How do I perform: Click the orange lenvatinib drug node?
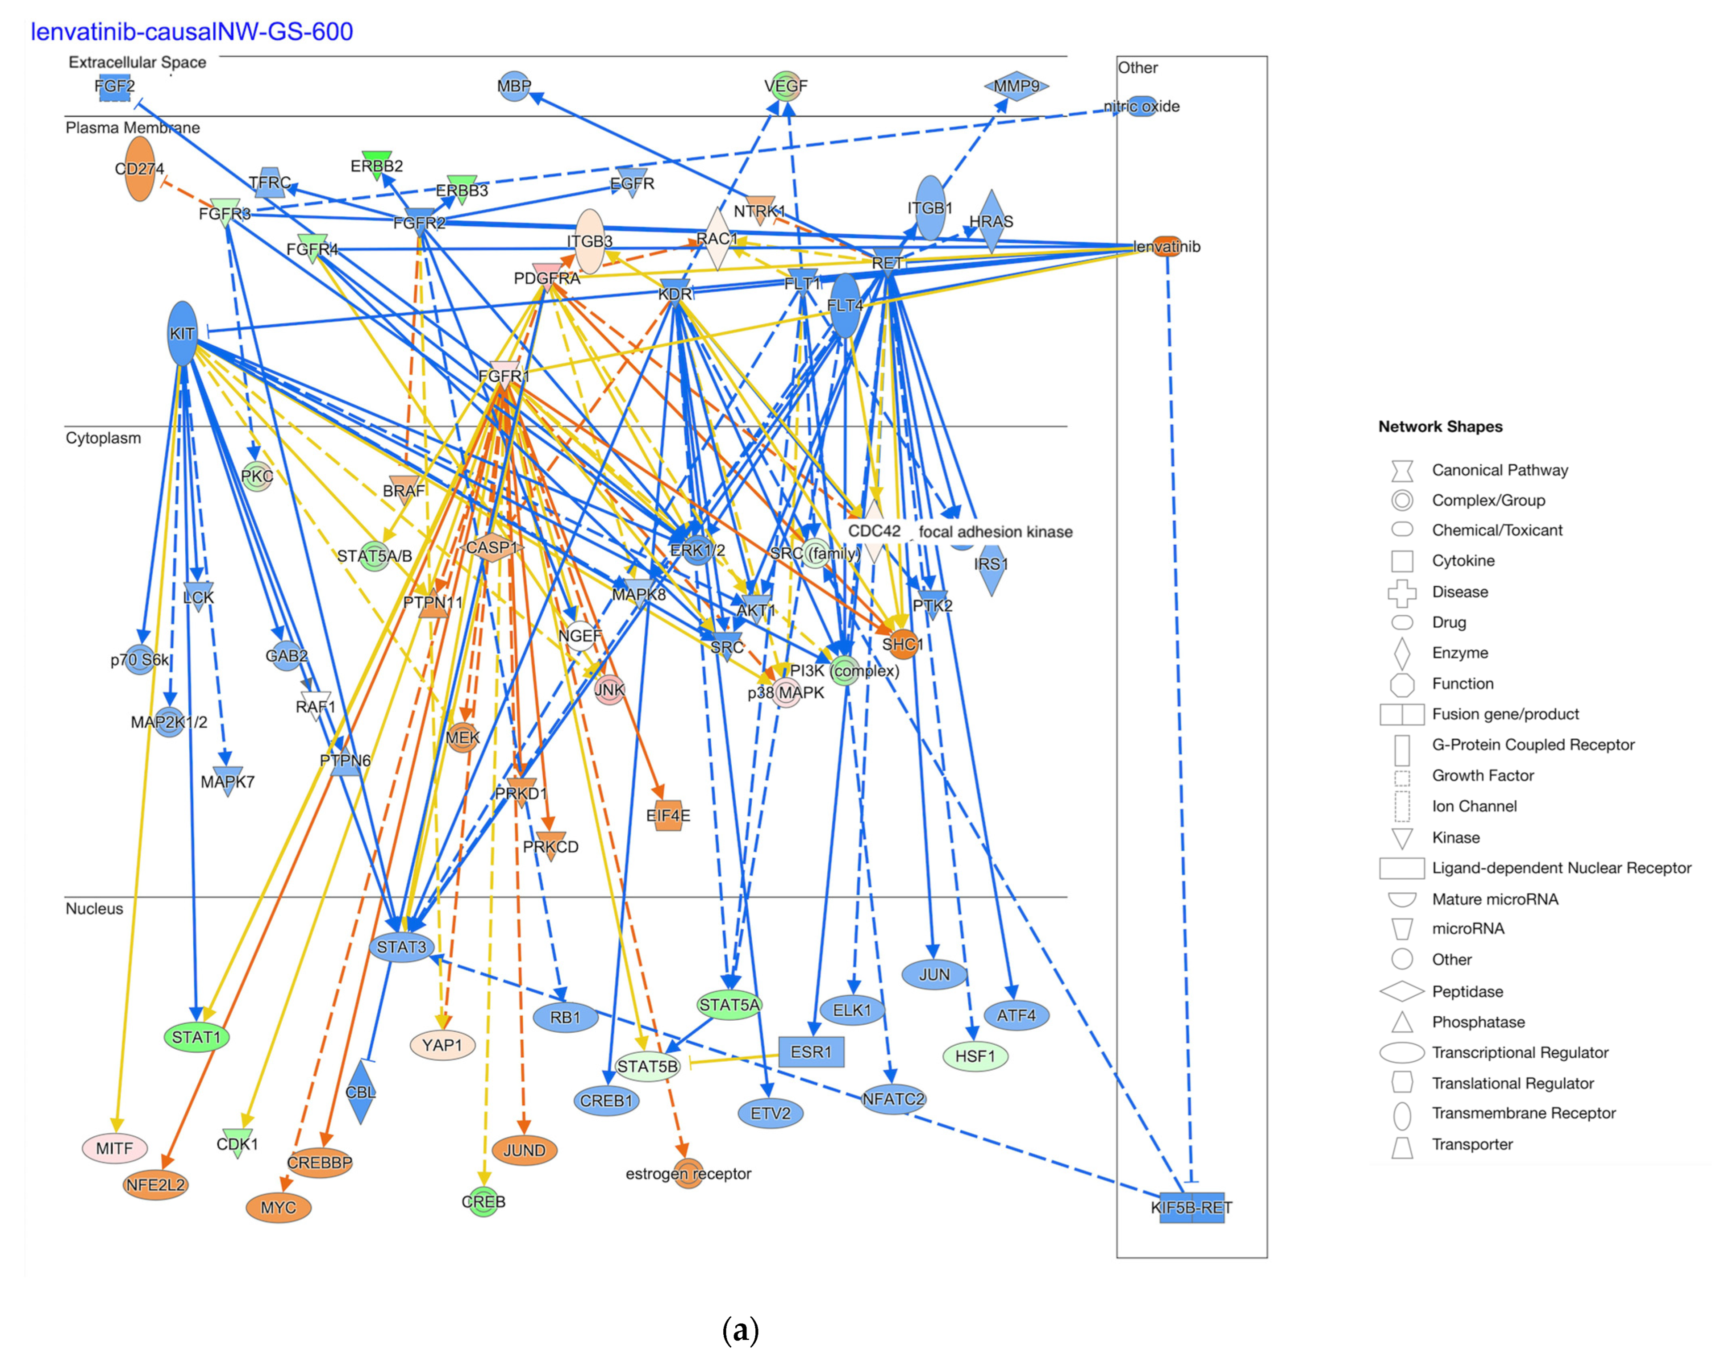tap(1167, 246)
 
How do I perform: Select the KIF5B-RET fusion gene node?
tap(1191, 1207)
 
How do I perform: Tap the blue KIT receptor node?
tap(183, 333)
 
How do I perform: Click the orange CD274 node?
tap(140, 169)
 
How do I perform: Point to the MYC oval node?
tap(279, 1207)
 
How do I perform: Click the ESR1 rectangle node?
tap(811, 1052)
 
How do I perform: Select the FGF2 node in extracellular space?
tap(115, 86)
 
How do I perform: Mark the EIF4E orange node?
tap(669, 815)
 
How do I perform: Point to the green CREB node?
tap(483, 1201)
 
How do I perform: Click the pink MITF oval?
tap(115, 1148)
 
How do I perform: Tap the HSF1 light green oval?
tap(975, 1056)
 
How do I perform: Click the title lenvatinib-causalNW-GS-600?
tap(192, 32)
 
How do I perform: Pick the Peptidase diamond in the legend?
tap(1402, 991)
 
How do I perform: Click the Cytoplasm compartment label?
tap(103, 438)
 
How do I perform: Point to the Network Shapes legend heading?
tap(1440, 426)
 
